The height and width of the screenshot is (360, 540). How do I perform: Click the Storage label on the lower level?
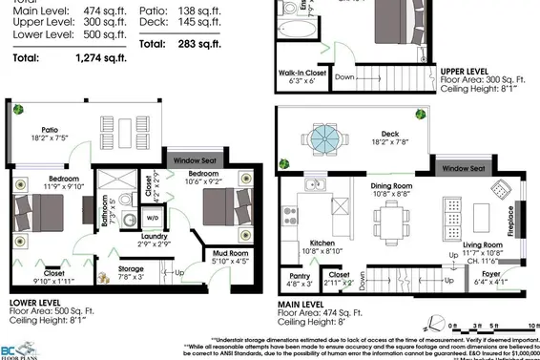click(x=132, y=270)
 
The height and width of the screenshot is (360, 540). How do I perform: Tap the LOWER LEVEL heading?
click(x=41, y=301)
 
